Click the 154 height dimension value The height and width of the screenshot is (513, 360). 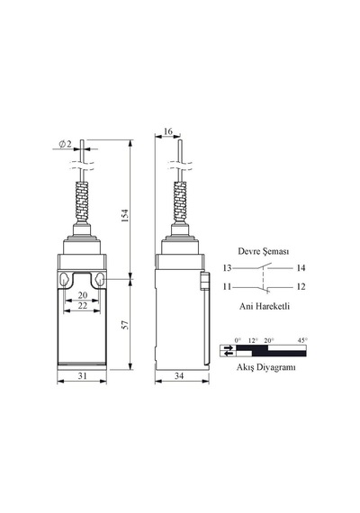125,216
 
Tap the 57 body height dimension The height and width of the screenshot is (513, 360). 125,325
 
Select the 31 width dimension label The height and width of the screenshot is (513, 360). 83,376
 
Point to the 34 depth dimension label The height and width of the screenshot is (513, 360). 179,376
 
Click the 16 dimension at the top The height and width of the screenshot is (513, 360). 168,131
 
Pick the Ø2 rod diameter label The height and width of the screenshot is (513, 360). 65,144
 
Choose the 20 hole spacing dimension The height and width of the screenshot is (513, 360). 83,295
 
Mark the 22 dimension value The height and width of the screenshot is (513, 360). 83,305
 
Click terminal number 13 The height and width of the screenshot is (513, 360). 227,268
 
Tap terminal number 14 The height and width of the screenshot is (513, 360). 301,268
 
